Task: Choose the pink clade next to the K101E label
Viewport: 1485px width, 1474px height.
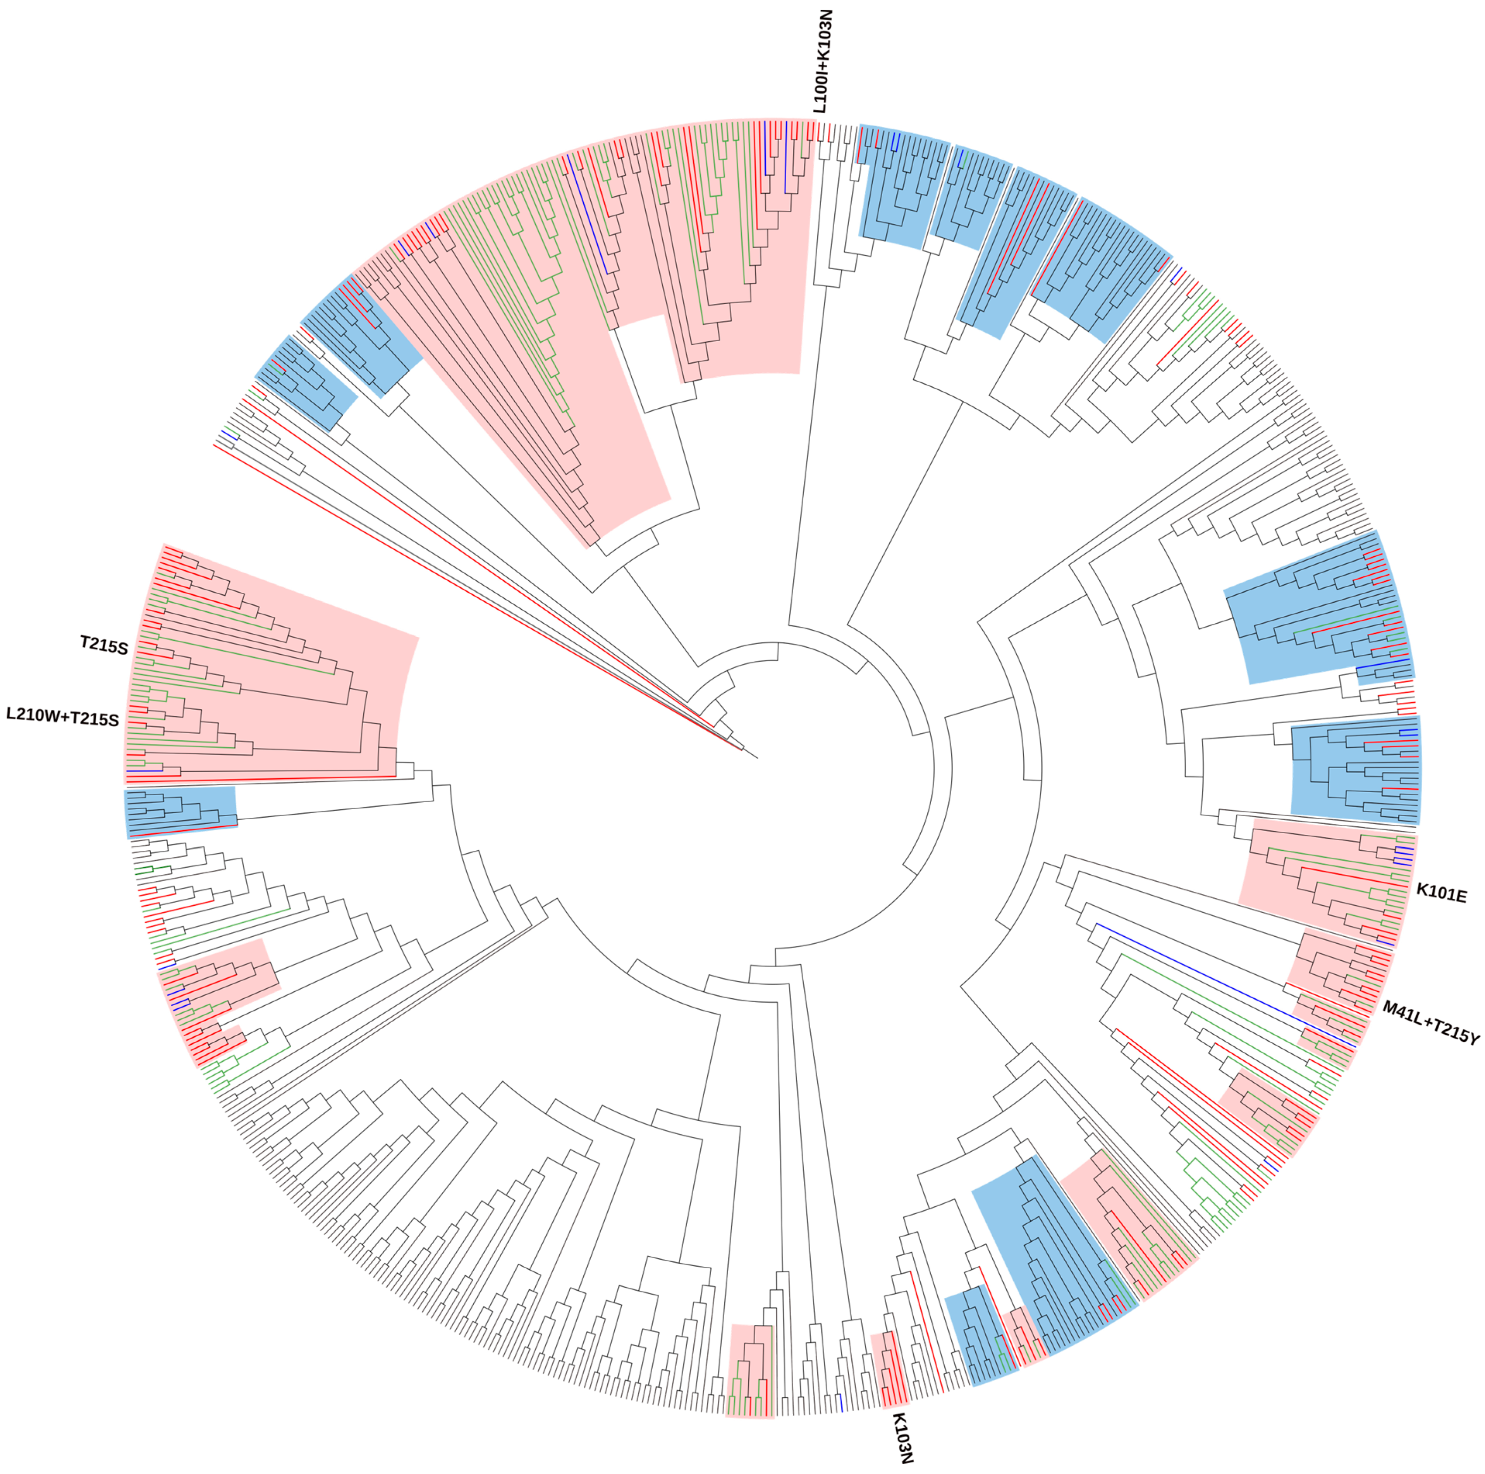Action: pos(1322,884)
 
